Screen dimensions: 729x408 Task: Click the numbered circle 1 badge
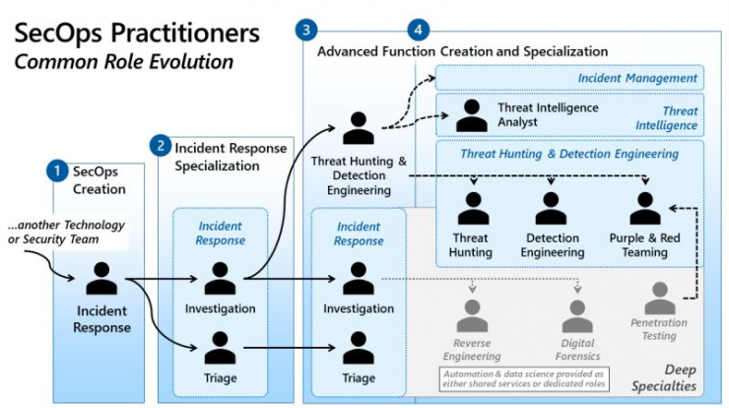click(57, 170)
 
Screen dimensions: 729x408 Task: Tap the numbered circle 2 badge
click(161, 146)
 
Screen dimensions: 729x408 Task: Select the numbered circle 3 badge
click(306, 30)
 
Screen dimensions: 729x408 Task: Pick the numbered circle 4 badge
click(418, 30)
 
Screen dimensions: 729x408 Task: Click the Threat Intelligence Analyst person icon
click(472, 115)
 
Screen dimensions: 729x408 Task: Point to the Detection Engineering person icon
click(551, 208)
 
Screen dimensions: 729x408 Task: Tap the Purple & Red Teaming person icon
click(645, 208)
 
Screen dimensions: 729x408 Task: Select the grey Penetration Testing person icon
click(660, 298)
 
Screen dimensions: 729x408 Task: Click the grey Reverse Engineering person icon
click(472, 315)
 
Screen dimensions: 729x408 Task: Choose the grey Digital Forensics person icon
click(577, 315)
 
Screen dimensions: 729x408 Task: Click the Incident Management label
click(637, 78)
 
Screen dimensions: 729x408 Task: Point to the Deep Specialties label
click(664, 377)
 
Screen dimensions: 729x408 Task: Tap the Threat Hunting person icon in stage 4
click(473, 208)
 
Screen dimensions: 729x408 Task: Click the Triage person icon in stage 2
click(220, 348)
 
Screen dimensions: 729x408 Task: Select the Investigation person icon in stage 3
click(359, 278)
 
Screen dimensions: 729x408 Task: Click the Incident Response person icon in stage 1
click(101, 278)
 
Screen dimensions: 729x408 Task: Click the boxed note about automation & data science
click(524, 379)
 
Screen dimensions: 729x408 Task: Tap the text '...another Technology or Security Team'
click(66, 233)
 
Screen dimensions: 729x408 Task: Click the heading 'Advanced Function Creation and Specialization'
click(463, 51)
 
